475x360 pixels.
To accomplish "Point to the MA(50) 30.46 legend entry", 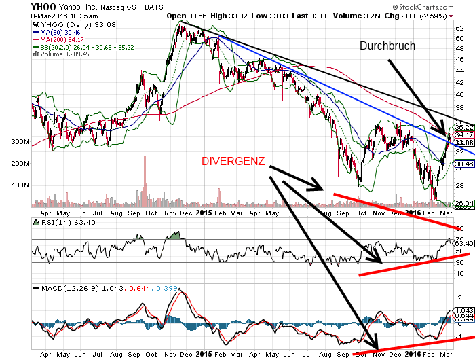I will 60,31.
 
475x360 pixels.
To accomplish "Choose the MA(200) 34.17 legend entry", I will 62,39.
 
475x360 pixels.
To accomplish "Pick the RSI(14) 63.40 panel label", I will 58,222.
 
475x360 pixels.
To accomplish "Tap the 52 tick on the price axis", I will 459,28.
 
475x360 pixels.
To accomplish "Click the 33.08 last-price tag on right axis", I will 463,143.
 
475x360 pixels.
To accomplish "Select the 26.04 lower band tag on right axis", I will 463,203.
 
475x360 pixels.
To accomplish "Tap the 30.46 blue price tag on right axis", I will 463,164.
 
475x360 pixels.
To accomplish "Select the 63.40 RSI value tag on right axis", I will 463,243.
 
